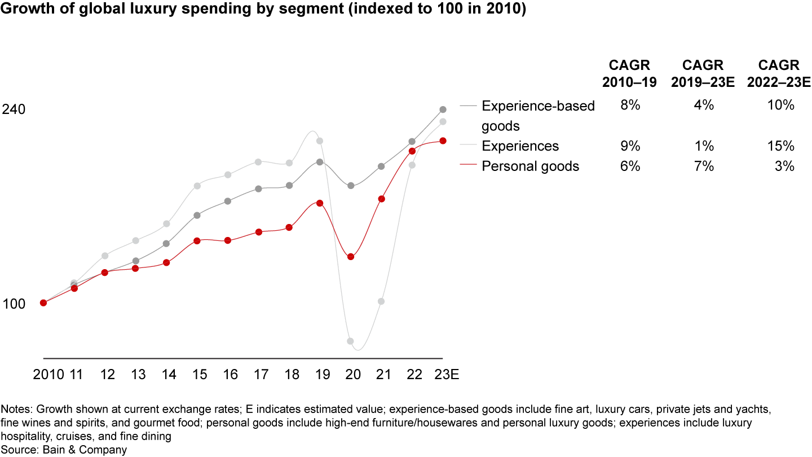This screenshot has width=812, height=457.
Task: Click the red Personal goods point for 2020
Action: (x=350, y=257)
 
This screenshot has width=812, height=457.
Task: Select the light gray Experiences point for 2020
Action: (x=350, y=341)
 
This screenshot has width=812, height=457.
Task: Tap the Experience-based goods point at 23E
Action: (x=443, y=109)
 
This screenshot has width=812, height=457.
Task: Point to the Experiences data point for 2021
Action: (x=381, y=301)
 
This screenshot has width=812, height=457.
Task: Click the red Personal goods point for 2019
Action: (x=320, y=203)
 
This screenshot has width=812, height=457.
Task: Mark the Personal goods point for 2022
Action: (x=412, y=151)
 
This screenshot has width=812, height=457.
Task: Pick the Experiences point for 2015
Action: (x=197, y=186)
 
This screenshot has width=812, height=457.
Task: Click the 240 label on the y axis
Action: (x=14, y=109)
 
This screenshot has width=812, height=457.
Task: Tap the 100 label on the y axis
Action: (x=14, y=304)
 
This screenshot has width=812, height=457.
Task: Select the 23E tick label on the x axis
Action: (x=445, y=375)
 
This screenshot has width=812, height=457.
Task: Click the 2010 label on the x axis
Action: (x=48, y=375)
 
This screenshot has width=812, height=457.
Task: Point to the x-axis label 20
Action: (x=350, y=375)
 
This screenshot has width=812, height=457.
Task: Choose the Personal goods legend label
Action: (x=530, y=166)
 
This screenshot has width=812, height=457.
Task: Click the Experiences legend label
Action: (x=520, y=146)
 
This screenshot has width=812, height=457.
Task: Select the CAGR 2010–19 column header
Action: (x=629, y=73)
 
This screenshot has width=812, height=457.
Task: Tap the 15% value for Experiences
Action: (x=780, y=146)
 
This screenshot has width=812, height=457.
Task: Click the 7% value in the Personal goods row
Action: (x=704, y=166)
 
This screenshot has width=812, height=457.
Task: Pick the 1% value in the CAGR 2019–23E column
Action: (x=704, y=146)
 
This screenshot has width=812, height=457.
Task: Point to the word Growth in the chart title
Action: (x=23, y=11)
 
